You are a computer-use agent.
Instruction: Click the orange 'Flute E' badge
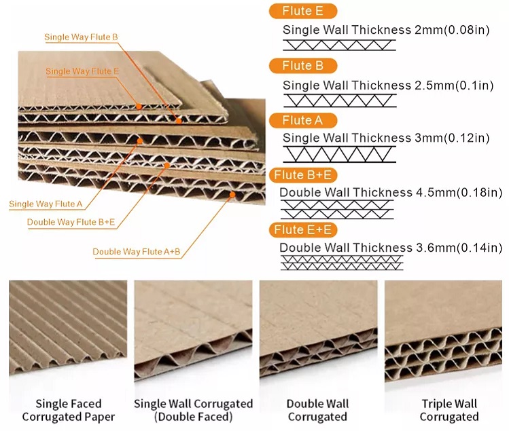pos(303,11)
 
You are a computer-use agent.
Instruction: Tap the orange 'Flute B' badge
pos(303,66)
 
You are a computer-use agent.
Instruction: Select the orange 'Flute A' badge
pos(303,121)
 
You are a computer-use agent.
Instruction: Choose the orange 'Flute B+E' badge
pos(303,175)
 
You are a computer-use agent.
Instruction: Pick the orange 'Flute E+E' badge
pos(303,230)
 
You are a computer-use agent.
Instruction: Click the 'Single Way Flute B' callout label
pos(81,37)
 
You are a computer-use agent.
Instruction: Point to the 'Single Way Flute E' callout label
pos(82,71)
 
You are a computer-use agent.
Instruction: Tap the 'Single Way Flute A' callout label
pos(46,204)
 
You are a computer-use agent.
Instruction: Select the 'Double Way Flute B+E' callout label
pos(71,222)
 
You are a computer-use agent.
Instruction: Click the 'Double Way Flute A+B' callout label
pos(137,252)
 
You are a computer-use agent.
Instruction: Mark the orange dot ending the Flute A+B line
pos(232,194)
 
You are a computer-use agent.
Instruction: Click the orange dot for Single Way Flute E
pos(139,106)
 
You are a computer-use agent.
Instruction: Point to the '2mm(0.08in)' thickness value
pos(452,30)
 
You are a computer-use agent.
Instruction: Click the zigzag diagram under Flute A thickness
pos(340,154)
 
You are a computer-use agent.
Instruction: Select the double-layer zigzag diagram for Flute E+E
pos(342,263)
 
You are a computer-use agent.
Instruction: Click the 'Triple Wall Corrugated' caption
pos(449,410)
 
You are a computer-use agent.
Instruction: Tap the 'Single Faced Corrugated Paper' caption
pos(69,410)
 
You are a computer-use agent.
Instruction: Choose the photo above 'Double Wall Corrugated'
pos(318,330)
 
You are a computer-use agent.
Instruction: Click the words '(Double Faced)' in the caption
pos(193,417)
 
